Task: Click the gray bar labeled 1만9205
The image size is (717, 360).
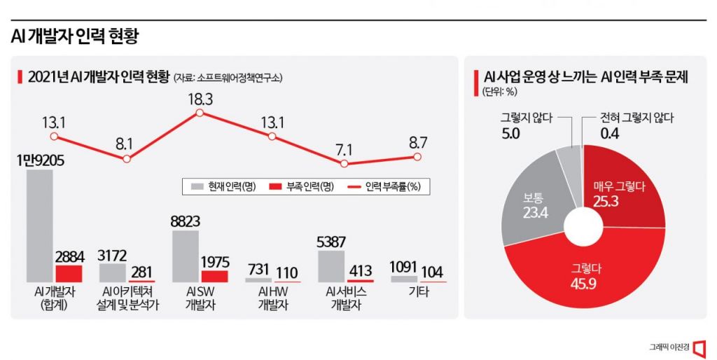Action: coord(39,226)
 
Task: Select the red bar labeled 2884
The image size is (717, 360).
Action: coord(69,273)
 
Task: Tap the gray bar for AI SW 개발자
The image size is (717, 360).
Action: coord(186,256)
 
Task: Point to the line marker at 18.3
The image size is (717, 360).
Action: coord(200,113)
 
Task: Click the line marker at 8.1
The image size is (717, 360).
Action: coord(127,159)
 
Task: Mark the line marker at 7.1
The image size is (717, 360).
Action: coord(344,163)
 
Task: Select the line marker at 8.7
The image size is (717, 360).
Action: coord(417,156)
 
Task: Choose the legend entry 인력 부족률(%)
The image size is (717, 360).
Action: coord(389,186)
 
